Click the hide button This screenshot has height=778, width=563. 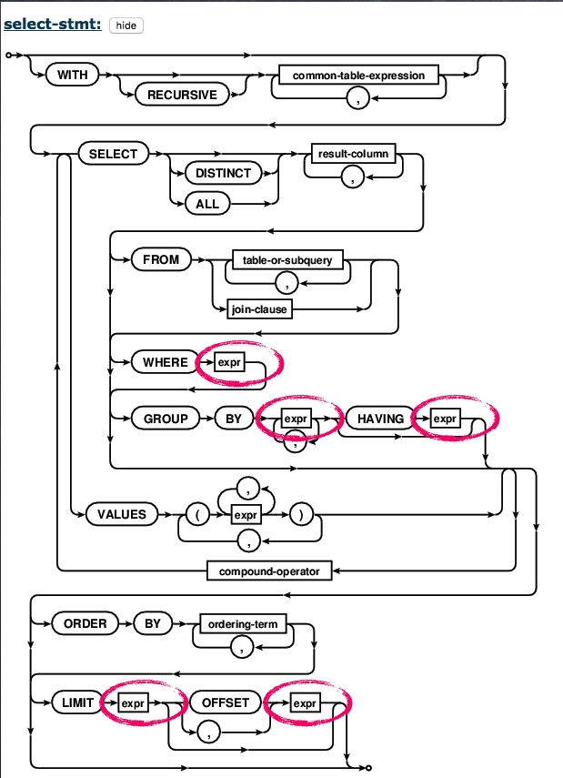[x=126, y=25]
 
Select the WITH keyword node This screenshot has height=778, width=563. [x=73, y=75]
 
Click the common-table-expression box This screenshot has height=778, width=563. [x=358, y=75]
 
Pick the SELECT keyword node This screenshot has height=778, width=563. [x=113, y=154]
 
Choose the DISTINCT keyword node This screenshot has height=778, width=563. [x=224, y=173]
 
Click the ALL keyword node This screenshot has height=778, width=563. [x=207, y=204]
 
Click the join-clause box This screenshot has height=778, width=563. [x=258, y=309]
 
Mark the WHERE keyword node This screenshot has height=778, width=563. [x=165, y=362]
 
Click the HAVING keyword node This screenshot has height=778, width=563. [x=376, y=419]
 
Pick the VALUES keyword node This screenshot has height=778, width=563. [x=122, y=514]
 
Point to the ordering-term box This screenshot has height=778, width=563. [x=242, y=624]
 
